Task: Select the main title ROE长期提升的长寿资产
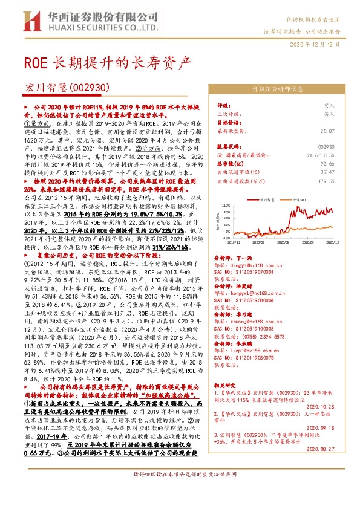[x=107, y=62]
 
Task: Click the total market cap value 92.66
[x=327, y=163]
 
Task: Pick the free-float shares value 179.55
[x=326, y=180]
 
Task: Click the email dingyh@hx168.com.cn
[x=258, y=264]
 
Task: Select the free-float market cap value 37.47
[x=327, y=172]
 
